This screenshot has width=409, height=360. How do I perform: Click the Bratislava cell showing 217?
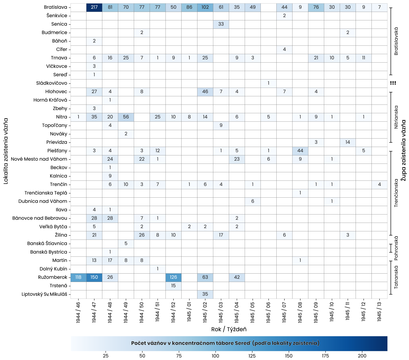click(94, 7)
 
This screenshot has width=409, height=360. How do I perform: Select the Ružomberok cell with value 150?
click(94, 277)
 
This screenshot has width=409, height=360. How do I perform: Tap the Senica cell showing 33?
click(221, 24)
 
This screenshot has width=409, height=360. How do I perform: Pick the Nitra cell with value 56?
click(126, 117)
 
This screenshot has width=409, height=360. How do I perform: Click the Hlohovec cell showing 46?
click(205, 91)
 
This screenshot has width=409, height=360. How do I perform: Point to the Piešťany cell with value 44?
click(300, 151)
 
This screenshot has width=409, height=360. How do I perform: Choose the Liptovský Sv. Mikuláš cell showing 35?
click(205, 294)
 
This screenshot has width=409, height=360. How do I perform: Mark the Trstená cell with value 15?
click(173, 286)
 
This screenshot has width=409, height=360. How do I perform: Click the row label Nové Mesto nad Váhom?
click(39, 159)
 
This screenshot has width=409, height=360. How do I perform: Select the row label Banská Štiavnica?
click(47, 244)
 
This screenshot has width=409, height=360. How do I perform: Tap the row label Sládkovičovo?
click(52, 83)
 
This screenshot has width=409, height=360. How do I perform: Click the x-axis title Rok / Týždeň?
click(229, 329)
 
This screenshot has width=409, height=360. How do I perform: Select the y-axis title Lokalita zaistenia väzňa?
click(6, 151)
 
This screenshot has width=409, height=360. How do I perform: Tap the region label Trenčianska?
click(396, 193)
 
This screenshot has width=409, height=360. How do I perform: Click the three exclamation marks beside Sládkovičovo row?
click(393, 83)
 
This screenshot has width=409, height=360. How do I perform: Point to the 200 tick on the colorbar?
click(362, 356)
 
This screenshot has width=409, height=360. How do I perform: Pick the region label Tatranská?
click(396, 277)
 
